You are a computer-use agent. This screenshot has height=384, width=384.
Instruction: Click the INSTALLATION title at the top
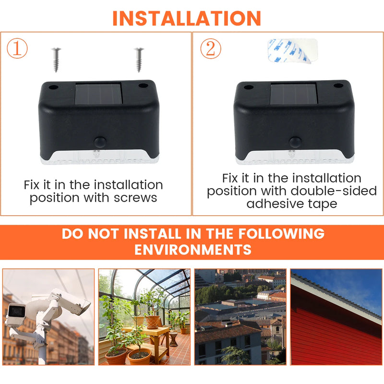pyautogui.click(x=187, y=17)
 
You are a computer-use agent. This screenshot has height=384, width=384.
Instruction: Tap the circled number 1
pyautogui.click(x=17, y=49)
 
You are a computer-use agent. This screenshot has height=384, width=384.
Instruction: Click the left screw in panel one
pyautogui.click(x=56, y=59)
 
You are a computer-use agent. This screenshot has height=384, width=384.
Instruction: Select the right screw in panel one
pyautogui.click(x=139, y=59)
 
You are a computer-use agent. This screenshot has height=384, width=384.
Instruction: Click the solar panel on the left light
pyautogui.click(x=99, y=95)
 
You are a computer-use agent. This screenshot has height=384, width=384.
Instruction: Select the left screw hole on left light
pyautogui.click(x=54, y=88)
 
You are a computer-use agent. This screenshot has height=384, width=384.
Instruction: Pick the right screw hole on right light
pyautogui.click(x=338, y=86)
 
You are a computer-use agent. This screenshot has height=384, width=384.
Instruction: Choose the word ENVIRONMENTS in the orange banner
pyautogui.click(x=192, y=250)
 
